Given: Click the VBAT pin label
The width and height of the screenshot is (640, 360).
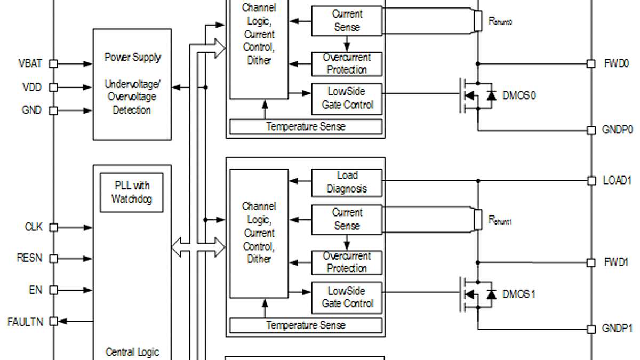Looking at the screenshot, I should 30,64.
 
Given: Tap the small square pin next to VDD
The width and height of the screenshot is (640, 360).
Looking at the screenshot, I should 53,87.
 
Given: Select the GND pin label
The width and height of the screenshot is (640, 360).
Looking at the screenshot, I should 31,110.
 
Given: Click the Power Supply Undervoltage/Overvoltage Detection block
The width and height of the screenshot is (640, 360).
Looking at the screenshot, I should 132,84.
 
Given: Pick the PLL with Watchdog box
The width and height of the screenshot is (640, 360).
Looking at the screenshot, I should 131,193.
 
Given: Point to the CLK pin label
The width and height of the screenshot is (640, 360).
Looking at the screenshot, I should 33,227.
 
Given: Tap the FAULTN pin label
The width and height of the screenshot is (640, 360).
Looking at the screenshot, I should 25,322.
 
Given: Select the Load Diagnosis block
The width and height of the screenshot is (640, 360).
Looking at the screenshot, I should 347,182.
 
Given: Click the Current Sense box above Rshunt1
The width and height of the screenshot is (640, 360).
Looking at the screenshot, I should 347,219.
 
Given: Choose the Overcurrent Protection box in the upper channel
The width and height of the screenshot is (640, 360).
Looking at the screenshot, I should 347,63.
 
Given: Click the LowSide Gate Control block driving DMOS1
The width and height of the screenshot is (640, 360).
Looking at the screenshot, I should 347,298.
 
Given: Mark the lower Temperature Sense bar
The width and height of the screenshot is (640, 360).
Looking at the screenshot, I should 306,325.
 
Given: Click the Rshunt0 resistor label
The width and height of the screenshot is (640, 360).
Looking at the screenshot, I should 500,21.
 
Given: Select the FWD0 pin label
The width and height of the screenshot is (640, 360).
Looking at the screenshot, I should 616,63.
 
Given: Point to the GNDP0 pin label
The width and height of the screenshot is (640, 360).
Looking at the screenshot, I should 618,130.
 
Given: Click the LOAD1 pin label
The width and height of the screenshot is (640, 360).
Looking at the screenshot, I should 617,181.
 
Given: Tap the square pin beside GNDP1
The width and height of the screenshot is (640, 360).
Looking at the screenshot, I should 591,329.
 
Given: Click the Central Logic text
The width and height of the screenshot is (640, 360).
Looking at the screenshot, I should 132,352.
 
